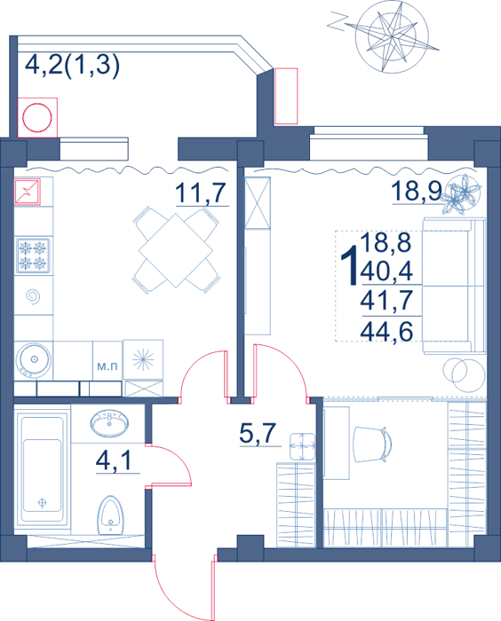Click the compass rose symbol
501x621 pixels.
(x=392, y=37)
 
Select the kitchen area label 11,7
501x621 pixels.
(x=201, y=193)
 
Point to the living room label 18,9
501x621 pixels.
(x=417, y=191)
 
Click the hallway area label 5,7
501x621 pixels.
(x=258, y=433)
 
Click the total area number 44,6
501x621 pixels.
(x=386, y=331)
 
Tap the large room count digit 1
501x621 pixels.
(x=350, y=264)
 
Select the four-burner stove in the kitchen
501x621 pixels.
(x=34, y=255)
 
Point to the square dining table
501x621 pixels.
(x=176, y=250)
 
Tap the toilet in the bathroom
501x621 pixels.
(x=111, y=515)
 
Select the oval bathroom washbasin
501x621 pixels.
(x=109, y=423)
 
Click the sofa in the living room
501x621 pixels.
(x=454, y=285)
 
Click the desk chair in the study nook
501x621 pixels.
(x=372, y=444)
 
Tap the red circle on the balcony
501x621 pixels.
(x=37, y=118)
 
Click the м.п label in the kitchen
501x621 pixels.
(x=107, y=366)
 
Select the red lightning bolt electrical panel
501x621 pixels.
(x=27, y=192)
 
